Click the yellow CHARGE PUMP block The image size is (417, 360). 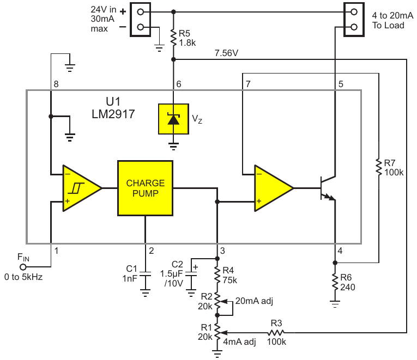pyautogui.click(x=145, y=188)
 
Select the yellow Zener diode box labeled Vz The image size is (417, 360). pyautogui.click(x=173, y=119)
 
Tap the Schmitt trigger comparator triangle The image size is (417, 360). pyautogui.click(x=82, y=188)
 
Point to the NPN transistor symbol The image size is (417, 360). pyautogui.click(x=328, y=188)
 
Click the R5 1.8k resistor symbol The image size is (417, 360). pyautogui.click(x=173, y=38)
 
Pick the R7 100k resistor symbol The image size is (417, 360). pyautogui.click(x=379, y=167)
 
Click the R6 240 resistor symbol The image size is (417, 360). pyautogui.click(x=335, y=282)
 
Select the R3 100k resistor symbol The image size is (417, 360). pyautogui.click(x=276, y=332)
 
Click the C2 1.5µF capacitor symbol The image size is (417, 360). pyautogui.click(x=191, y=274)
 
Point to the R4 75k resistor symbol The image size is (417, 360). pyautogui.click(x=217, y=275)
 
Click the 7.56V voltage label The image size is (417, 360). pyautogui.click(x=226, y=53)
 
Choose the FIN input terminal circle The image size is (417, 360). pyautogui.click(x=23, y=267)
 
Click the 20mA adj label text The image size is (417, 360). pyautogui.click(x=254, y=301)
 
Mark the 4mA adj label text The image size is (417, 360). pyautogui.click(x=239, y=341)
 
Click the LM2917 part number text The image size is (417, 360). pyautogui.click(x=113, y=114)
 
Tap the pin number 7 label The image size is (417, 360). pyautogui.click(x=248, y=84)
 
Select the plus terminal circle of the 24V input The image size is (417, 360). pyautogui.click(x=141, y=12)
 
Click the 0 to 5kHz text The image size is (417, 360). pyautogui.click(x=23, y=277)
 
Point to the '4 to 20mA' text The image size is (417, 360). pyautogui.click(x=392, y=15)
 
